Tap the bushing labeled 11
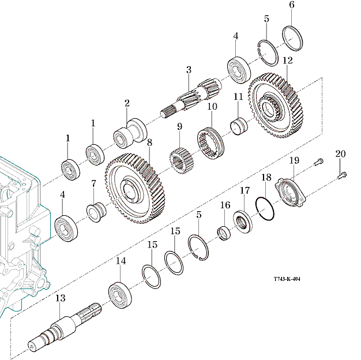238,125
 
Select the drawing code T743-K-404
287,279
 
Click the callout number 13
60,298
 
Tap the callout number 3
188,70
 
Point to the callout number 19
294,160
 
